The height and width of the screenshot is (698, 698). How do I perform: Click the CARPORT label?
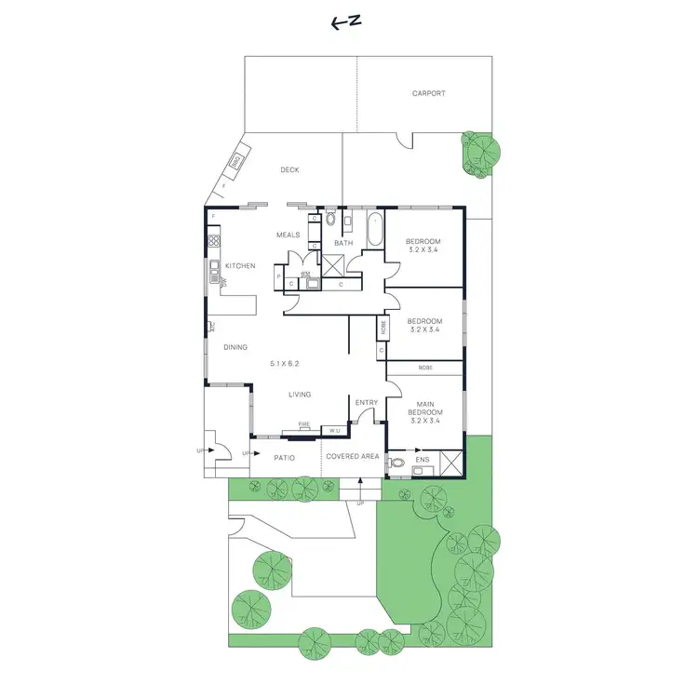click(x=428, y=93)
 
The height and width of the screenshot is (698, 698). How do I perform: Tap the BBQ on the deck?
click(x=236, y=164)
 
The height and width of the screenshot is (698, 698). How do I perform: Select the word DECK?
click(x=289, y=170)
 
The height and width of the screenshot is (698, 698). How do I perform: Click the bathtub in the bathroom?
click(x=374, y=230)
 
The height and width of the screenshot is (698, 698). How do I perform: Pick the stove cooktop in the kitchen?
click(x=214, y=241)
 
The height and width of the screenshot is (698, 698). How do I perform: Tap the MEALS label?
click(x=288, y=235)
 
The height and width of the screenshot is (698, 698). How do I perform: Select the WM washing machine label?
click(x=305, y=274)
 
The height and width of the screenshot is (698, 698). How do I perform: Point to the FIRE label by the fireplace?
click(x=303, y=424)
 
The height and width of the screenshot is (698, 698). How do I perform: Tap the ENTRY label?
click(x=367, y=403)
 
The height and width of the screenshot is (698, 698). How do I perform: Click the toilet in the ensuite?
click(x=397, y=462)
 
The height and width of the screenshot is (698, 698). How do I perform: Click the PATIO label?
click(x=285, y=458)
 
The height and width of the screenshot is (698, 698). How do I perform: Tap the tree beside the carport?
click(x=481, y=151)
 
